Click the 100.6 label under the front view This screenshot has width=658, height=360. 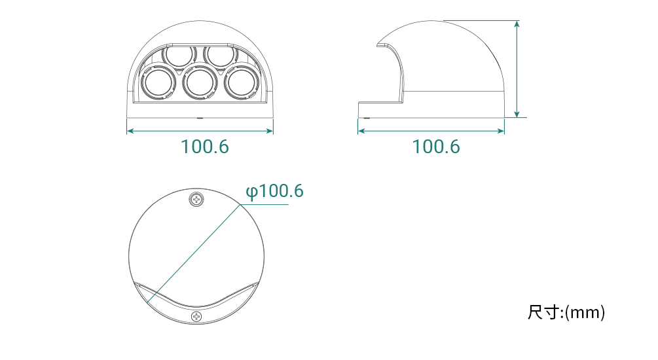tap(205, 147)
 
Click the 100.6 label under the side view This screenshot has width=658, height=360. tap(436, 147)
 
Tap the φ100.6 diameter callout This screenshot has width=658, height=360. tap(274, 191)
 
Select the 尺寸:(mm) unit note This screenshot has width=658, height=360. tap(566, 313)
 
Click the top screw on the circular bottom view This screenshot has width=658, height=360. tap(196, 199)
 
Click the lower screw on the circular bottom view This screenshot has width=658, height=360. tap(196, 316)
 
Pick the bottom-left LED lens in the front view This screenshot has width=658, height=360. tap(158, 82)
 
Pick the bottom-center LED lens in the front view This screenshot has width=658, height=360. tap(200, 82)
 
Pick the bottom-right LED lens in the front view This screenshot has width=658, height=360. tap(241, 82)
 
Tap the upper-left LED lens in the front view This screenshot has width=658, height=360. tap(179, 55)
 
